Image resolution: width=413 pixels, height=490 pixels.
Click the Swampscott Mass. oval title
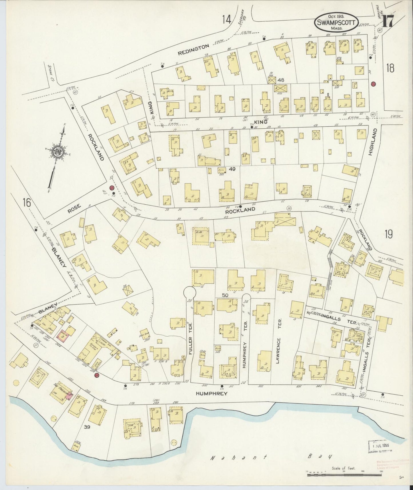coord(336,22)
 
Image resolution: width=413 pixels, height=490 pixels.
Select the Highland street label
coord(371,142)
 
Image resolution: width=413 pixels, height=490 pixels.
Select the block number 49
coord(232,169)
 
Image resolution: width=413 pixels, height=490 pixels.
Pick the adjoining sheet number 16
coord(27,203)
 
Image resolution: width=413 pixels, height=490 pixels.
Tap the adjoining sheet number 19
coord(388,234)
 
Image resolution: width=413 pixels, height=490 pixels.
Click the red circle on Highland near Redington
coord(373,84)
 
